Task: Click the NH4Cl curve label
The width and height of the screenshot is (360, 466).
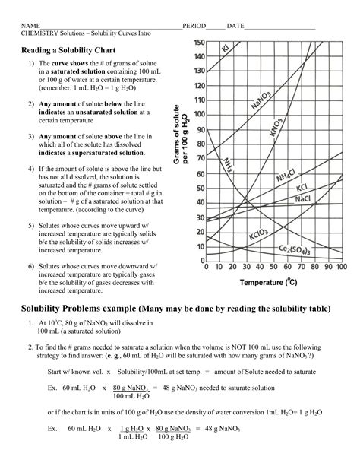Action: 286,176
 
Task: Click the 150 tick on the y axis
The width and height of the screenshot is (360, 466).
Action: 197,43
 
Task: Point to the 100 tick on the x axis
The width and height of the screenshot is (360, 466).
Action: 339,267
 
